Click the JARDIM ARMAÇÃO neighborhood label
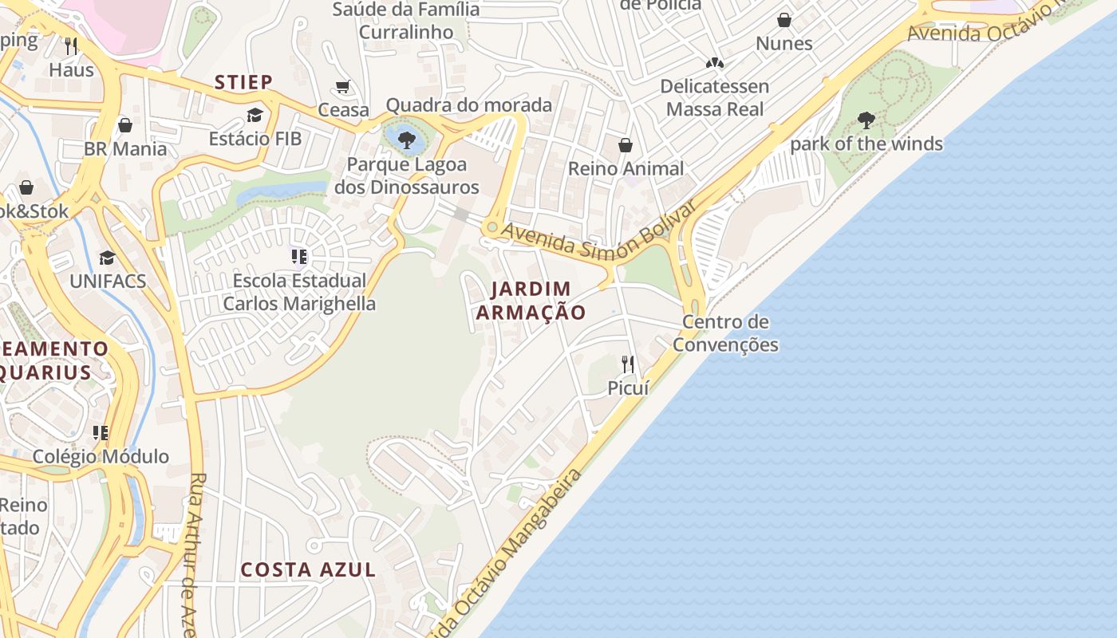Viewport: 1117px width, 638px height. click(531, 301)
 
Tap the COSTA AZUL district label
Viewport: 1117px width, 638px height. click(308, 569)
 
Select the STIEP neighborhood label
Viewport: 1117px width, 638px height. click(243, 82)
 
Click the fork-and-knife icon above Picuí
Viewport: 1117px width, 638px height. click(628, 364)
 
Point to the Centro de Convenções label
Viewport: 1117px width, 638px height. click(725, 333)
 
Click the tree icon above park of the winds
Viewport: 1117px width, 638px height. click(866, 120)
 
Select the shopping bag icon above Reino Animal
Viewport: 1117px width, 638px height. click(626, 145)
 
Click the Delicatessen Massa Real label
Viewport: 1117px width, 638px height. click(714, 97)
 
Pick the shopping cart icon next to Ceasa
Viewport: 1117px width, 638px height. click(343, 86)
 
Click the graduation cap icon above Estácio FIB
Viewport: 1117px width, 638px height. click(255, 116)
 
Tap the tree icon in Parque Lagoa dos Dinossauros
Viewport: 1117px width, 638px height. click(407, 140)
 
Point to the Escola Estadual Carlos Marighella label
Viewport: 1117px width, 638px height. click(299, 292)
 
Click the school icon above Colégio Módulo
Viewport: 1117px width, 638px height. click(101, 433)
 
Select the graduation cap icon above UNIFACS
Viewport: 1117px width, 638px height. click(107, 258)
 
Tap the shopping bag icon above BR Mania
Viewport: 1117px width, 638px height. click(125, 125)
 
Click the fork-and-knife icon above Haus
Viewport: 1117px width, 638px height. click(71, 45)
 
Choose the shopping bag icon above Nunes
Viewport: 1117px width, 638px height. click(784, 20)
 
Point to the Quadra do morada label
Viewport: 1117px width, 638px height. click(468, 104)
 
